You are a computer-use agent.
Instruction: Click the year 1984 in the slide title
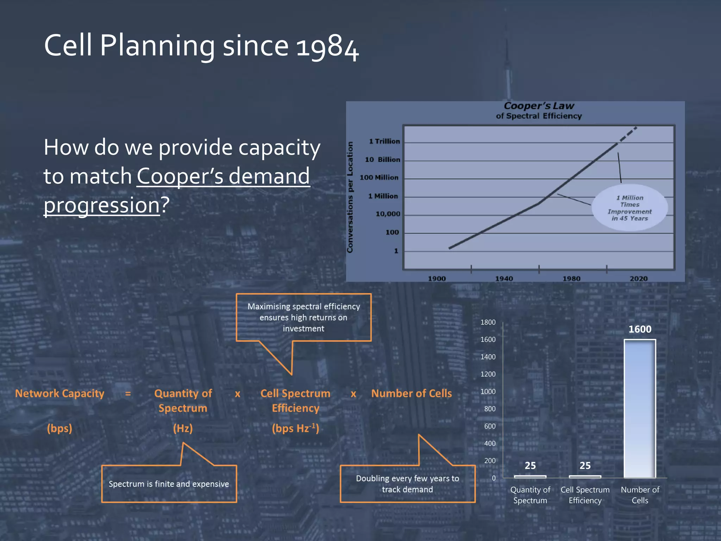point(327,47)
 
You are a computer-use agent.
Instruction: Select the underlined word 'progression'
point(102,205)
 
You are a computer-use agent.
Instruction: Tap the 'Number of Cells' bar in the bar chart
point(640,409)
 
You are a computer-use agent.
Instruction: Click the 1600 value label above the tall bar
point(640,329)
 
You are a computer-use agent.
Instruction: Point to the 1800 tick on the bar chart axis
point(488,322)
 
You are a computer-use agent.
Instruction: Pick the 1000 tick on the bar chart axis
point(488,392)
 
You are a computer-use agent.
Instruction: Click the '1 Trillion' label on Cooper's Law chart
point(384,141)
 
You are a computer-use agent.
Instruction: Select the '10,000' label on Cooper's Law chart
point(388,214)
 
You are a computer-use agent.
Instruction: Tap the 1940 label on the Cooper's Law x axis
point(504,279)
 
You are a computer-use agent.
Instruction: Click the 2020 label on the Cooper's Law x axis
point(639,279)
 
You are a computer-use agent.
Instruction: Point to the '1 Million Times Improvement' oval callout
point(629,208)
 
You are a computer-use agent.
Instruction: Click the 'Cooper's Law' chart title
point(539,106)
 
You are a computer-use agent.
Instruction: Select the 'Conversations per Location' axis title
point(350,197)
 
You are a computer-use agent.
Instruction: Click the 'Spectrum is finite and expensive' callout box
point(169,484)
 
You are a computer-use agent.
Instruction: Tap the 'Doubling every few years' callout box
point(407,484)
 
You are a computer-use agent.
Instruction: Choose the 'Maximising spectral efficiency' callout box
point(303,317)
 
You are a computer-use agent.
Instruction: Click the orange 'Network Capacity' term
point(60,393)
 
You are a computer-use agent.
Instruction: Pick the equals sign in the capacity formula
point(128,394)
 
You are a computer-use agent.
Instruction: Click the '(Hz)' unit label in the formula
point(183,428)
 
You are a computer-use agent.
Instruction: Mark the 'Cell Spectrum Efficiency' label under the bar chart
point(585,495)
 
